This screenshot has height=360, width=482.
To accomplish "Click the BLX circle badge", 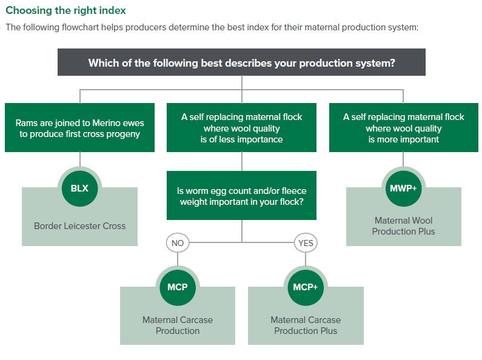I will click(x=79, y=188).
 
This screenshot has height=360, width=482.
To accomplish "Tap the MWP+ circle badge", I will click(x=403, y=188).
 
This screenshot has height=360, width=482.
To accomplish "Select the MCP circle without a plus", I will click(x=178, y=287).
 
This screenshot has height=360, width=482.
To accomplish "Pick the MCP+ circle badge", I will click(x=306, y=287).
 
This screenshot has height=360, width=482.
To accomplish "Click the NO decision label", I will click(x=178, y=244).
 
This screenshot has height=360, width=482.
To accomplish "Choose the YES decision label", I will click(x=305, y=244).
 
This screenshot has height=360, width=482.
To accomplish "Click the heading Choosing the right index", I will click(x=66, y=11).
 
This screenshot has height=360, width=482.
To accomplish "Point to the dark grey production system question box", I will click(x=241, y=62).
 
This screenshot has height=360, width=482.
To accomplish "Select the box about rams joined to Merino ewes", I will click(x=79, y=128).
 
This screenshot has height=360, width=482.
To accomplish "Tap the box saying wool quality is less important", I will click(x=241, y=128).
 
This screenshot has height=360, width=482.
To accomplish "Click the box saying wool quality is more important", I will click(x=403, y=128).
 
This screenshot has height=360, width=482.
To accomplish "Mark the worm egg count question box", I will click(x=241, y=196).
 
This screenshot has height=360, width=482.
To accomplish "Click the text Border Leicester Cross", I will click(x=79, y=226).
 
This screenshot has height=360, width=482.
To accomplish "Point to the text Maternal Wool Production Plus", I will click(x=403, y=226).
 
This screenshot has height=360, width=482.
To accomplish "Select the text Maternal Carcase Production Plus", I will click(x=306, y=325).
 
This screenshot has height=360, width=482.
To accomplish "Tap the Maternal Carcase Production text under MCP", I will click(x=178, y=325).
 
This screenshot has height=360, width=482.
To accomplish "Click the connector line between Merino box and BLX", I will click(x=79, y=159).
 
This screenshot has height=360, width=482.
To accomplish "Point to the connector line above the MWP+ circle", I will click(x=403, y=159).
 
